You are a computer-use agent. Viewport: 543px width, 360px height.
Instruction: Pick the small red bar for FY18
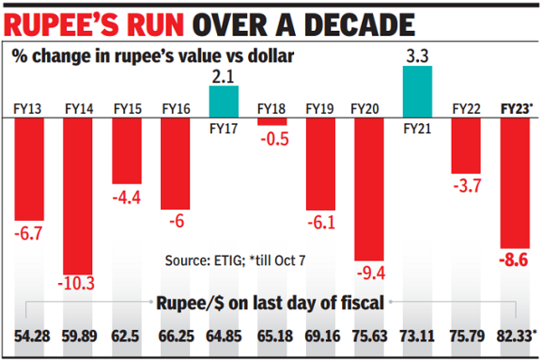(272, 121)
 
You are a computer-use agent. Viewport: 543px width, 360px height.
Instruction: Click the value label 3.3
(417, 54)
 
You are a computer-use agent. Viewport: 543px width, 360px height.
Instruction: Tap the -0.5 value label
(272, 138)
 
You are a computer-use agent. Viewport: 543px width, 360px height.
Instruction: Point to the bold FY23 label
(516, 109)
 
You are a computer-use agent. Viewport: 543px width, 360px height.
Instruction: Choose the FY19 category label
(320, 109)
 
